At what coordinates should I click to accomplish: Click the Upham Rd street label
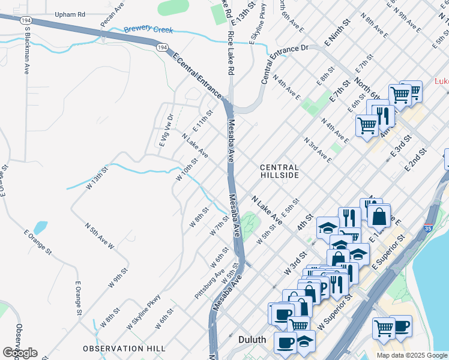70,13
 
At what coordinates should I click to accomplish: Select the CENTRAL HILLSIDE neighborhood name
279,171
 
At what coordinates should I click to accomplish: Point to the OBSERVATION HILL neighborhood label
124,348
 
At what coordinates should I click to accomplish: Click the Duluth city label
252,340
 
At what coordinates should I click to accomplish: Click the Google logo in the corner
20,352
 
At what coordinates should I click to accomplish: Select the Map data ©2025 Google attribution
411,355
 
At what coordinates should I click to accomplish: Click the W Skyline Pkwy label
144,311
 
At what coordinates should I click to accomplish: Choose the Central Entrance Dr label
284,64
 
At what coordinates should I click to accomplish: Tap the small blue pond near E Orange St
40,228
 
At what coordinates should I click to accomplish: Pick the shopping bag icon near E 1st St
379,215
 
